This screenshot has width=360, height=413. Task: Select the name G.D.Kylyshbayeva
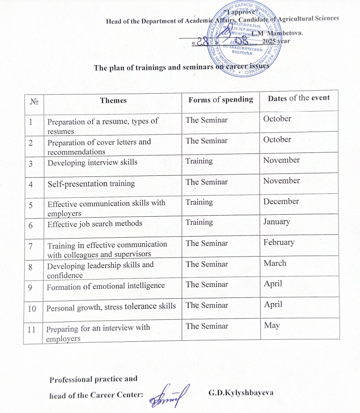pyautogui.click(x=241, y=393)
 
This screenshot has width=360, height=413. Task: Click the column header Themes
pyautogui.click(x=113, y=100)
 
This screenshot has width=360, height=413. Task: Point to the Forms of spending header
pyautogui.click(x=220, y=100)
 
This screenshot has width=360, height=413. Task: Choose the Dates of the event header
pyautogui.click(x=299, y=98)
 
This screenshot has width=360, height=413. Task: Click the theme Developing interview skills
pyautogui.click(x=92, y=162)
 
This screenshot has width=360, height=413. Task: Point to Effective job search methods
pyautogui.click(x=95, y=224)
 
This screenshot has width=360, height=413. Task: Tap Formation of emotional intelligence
pyautogui.click(x=105, y=286)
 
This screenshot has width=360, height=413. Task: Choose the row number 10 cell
pyautogui.click(x=32, y=308)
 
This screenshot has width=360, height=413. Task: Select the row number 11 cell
pyautogui.click(x=32, y=329)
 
